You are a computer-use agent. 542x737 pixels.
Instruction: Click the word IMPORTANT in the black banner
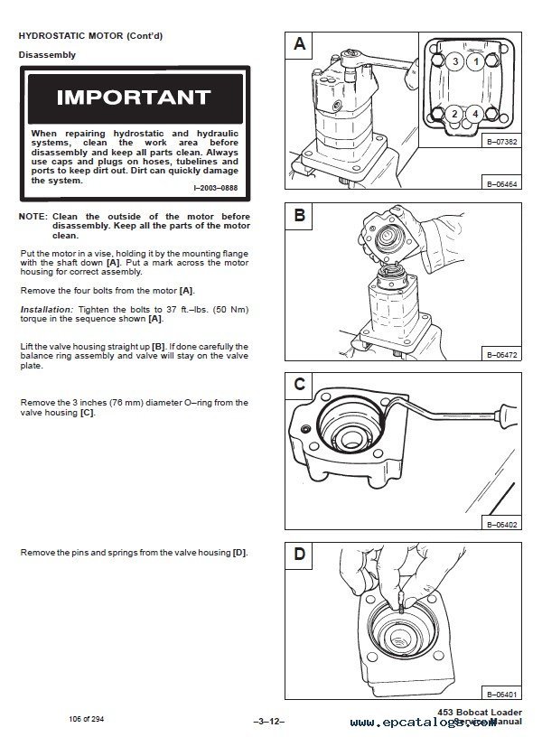(133, 97)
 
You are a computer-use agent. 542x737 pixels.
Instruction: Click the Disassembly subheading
(46, 55)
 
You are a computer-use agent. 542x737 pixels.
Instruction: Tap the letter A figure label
(300, 44)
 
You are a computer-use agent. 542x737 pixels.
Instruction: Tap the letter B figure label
(300, 215)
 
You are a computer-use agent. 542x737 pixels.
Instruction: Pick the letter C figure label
(300, 384)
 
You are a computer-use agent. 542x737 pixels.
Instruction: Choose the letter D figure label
(300, 554)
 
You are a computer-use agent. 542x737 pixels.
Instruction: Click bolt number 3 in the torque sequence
(457, 61)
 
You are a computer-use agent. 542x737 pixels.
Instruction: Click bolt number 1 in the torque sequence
(475, 61)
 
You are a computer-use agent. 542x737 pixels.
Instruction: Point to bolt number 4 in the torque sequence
(475, 114)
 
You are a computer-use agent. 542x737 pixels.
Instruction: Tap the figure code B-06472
(500, 353)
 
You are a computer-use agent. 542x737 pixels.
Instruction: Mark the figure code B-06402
(500, 523)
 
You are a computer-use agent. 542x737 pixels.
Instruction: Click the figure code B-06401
(500, 694)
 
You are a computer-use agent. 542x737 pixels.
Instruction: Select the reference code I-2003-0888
(218, 187)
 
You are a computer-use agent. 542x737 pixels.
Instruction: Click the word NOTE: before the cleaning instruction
(33, 217)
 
